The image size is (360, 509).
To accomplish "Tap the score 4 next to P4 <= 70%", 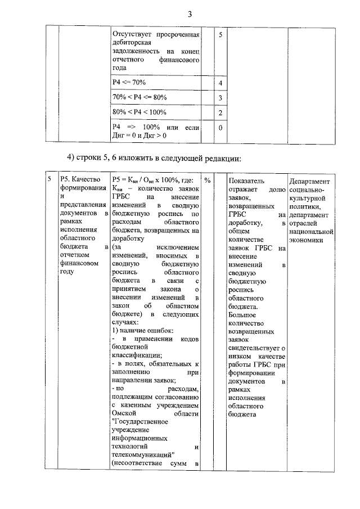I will [x=221, y=83].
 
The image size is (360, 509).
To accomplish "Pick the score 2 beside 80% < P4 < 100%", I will [x=221, y=112].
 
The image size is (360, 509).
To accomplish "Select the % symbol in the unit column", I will [x=208, y=180].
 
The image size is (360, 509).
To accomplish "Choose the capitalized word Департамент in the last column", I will [x=310, y=182].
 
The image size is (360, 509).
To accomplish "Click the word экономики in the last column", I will [x=307, y=239].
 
